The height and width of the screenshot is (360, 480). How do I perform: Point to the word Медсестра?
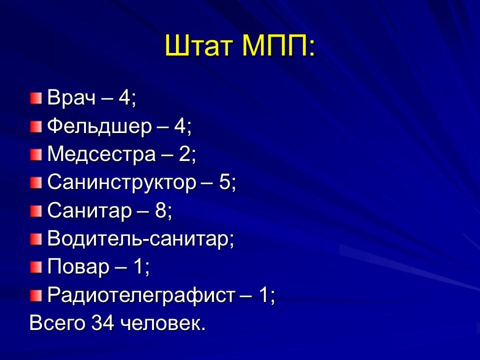101,154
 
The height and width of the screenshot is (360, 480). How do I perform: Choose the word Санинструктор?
121,183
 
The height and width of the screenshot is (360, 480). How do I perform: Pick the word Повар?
78,268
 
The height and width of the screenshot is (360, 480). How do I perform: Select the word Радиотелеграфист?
140,297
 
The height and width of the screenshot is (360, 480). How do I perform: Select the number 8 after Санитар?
160,211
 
